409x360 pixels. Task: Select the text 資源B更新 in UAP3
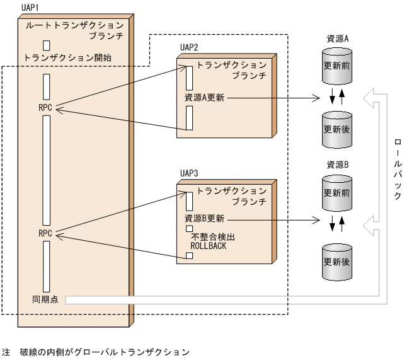pos(204,219)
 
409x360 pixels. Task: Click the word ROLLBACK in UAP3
pos(209,247)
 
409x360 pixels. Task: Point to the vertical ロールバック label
pos(396,167)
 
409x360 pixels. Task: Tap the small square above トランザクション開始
pos(47,45)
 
